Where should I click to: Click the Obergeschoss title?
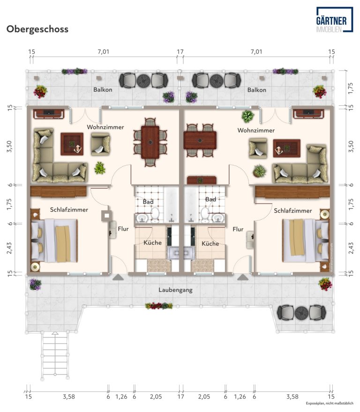37,29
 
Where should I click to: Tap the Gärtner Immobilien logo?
335,20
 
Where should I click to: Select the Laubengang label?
175,290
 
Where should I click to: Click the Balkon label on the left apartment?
103,89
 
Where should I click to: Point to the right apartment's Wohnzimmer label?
256,130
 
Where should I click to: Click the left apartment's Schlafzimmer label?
69,210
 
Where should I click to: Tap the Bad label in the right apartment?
210,199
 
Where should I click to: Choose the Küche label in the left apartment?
152,243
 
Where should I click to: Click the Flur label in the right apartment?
238,229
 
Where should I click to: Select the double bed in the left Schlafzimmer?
54,241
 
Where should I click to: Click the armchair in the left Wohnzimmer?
100,144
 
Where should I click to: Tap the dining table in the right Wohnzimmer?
200,140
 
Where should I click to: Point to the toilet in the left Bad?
155,214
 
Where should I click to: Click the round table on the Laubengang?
301,313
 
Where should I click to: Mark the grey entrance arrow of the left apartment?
118,277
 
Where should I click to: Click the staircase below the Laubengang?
55,355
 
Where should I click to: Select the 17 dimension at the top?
180,52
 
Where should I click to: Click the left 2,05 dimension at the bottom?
156,397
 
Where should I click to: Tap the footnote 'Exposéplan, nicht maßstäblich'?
330,403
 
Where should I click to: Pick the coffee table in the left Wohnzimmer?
72,144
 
